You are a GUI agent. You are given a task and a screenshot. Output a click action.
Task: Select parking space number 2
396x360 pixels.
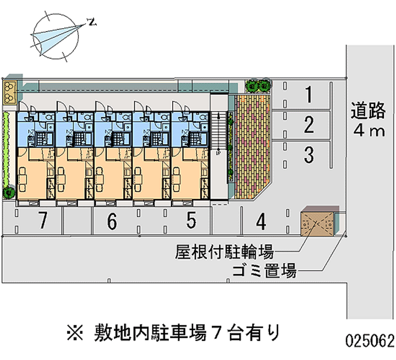[x=308, y=125]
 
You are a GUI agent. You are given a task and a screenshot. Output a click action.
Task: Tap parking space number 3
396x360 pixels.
[x=308, y=155]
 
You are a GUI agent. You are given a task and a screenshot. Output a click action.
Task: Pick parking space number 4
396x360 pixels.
[x=261, y=221]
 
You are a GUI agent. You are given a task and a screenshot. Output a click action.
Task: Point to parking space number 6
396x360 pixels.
[x=112, y=221]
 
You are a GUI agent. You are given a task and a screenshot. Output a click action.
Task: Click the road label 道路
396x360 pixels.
[x=367, y=111]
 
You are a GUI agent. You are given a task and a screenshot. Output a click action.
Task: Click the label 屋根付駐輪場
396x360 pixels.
[x=224, y=252]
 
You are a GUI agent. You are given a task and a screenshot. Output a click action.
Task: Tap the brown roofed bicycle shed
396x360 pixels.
[x=317, y=221]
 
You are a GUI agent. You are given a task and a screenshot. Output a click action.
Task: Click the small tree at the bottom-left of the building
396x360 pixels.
[x=8, y=191]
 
